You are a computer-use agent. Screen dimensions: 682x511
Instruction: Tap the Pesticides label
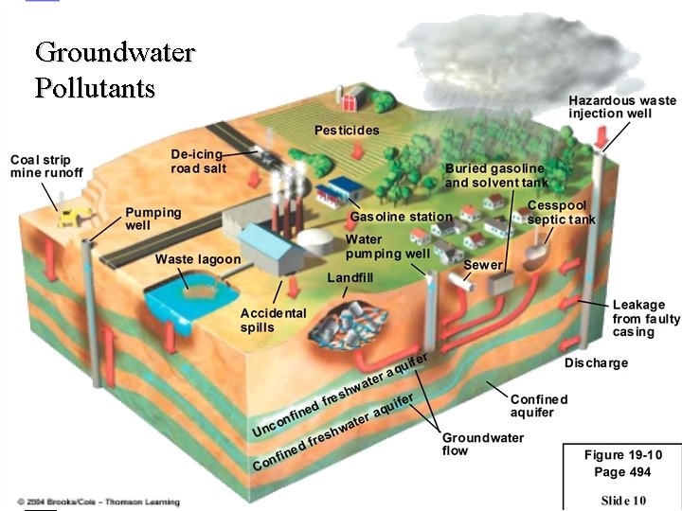pos(347,130)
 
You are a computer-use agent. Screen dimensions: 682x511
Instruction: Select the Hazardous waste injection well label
pos(622,107)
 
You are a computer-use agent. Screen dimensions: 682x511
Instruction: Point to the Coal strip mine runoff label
pos(46,166)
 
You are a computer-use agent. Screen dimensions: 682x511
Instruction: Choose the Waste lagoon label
pos(197,258)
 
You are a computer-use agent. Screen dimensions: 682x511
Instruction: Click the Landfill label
pos(350,278)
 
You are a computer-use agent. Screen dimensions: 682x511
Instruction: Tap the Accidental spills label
pos(273,320)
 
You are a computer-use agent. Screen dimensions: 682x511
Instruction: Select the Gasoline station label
pos(402,217)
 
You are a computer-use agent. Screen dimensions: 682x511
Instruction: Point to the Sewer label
pos(483,265)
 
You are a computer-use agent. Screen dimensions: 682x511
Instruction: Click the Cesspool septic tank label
pos(562,213)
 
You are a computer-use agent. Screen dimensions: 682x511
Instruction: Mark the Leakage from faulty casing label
pos(646,319)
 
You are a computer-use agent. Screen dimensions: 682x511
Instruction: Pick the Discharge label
pos(596,363)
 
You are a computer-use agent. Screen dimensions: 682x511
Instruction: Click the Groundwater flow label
pos(483,444)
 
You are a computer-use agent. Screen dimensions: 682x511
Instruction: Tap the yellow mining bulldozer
pos(68,217)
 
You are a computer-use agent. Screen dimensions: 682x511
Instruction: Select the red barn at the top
pos(352,97)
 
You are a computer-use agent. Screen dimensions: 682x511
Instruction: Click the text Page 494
pos(622,471)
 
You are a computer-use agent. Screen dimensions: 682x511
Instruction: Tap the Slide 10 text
pos(622,499)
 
